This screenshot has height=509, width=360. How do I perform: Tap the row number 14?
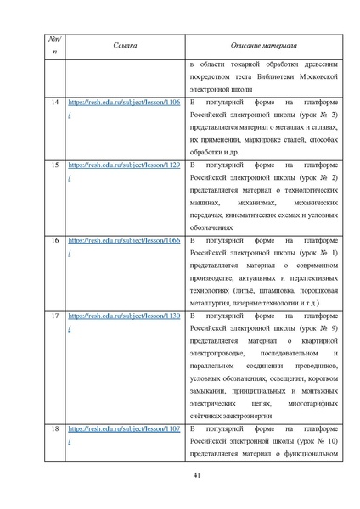55,102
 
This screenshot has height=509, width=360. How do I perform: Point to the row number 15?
55,163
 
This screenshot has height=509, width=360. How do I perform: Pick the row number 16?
55,240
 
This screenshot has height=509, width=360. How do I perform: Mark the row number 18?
55,428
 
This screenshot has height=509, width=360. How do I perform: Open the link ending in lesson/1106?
124,102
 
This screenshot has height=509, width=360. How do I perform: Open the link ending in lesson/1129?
124,163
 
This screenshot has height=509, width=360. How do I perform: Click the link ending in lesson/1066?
124,240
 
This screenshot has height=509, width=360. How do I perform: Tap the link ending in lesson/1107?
124,428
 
